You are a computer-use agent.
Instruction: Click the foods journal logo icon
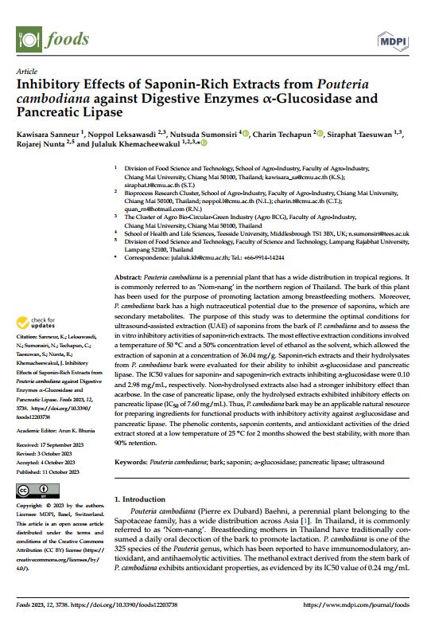tap(28, 37)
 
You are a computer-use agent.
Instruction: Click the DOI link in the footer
tap(140, 604)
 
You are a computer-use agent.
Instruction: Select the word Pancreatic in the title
tap(55, 111)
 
